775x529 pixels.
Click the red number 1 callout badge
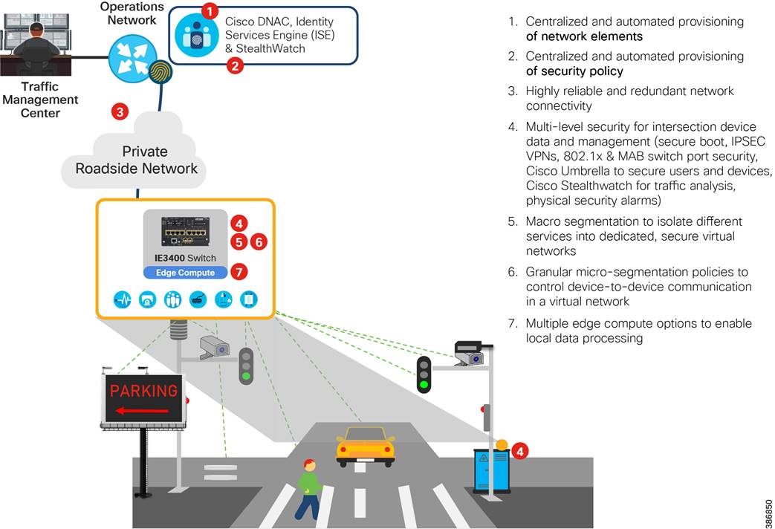(210, 10)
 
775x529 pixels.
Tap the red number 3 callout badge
(120, 112)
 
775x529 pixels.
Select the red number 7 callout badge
(239, 271)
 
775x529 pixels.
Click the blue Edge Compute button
(184, 273)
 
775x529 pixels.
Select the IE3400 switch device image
(184, 230)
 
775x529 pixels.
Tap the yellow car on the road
(365, 446)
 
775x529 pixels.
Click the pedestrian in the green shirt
(310, 487)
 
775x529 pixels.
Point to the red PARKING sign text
(144, 390)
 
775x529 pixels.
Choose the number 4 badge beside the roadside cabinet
(521, 451)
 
